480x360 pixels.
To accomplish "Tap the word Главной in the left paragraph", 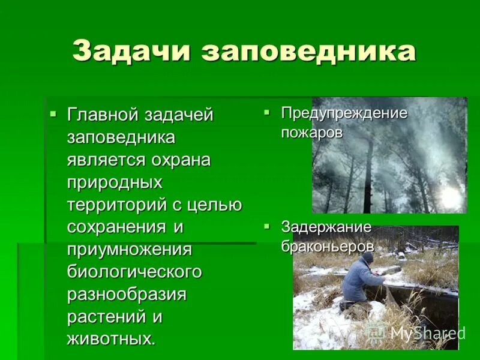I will click(101, 115).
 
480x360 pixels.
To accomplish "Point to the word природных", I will click(115, 182).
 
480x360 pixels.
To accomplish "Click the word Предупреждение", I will click(344, 113).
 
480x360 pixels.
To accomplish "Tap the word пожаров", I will click(312, 133).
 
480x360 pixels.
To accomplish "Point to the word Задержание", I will click(326, 227).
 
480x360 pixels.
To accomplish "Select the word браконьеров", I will click(328, 246).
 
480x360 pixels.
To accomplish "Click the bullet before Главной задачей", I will click(53, 112).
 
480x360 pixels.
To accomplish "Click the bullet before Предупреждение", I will click(267, 112).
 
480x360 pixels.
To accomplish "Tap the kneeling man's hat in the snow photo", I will click(367, 256).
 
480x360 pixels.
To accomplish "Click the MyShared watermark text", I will click(427, 333).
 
